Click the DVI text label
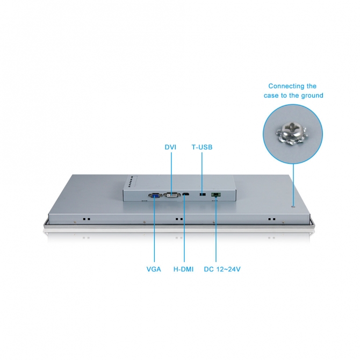pos(170,147)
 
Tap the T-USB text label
pos(202,147)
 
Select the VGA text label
pos(154,269)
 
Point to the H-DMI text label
pos(183,269)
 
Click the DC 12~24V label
pos(222,269)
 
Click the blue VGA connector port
pos(155,196)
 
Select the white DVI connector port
pos(172,195)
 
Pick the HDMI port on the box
pos(186,195)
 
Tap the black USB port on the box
pos(203,195)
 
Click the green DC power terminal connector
pos(216,195)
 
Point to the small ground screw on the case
pos(293,207)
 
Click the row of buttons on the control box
pos(131,182)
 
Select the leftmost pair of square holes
pos(87,219)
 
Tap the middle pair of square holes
pos(179,219)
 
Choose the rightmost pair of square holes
pos(272,219)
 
